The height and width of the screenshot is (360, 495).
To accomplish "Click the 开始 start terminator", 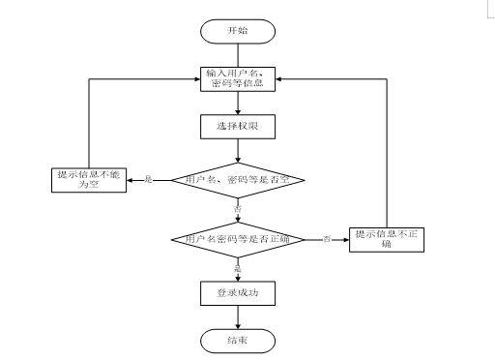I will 238,31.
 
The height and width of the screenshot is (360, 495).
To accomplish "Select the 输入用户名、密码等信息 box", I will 238,77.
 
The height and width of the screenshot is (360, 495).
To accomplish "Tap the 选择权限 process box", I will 238,127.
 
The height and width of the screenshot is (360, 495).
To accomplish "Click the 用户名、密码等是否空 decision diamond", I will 238,180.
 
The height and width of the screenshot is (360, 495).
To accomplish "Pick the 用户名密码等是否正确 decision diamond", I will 238,238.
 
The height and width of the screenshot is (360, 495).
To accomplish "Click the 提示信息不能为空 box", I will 89,180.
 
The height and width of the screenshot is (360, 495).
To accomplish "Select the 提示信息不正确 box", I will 387,238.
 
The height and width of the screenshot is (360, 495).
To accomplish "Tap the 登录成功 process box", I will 238,291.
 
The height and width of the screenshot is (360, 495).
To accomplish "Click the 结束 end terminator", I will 238,341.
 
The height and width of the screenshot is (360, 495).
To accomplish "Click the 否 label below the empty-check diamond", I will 238,207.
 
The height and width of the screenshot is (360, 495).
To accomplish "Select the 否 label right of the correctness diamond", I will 327,238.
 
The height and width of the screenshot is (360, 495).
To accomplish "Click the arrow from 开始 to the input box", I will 238,53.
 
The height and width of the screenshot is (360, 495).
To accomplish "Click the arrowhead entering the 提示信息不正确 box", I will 344,238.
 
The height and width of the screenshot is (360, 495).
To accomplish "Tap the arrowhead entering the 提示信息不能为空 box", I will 131,180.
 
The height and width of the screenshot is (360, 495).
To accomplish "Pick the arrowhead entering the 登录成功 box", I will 238,277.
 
